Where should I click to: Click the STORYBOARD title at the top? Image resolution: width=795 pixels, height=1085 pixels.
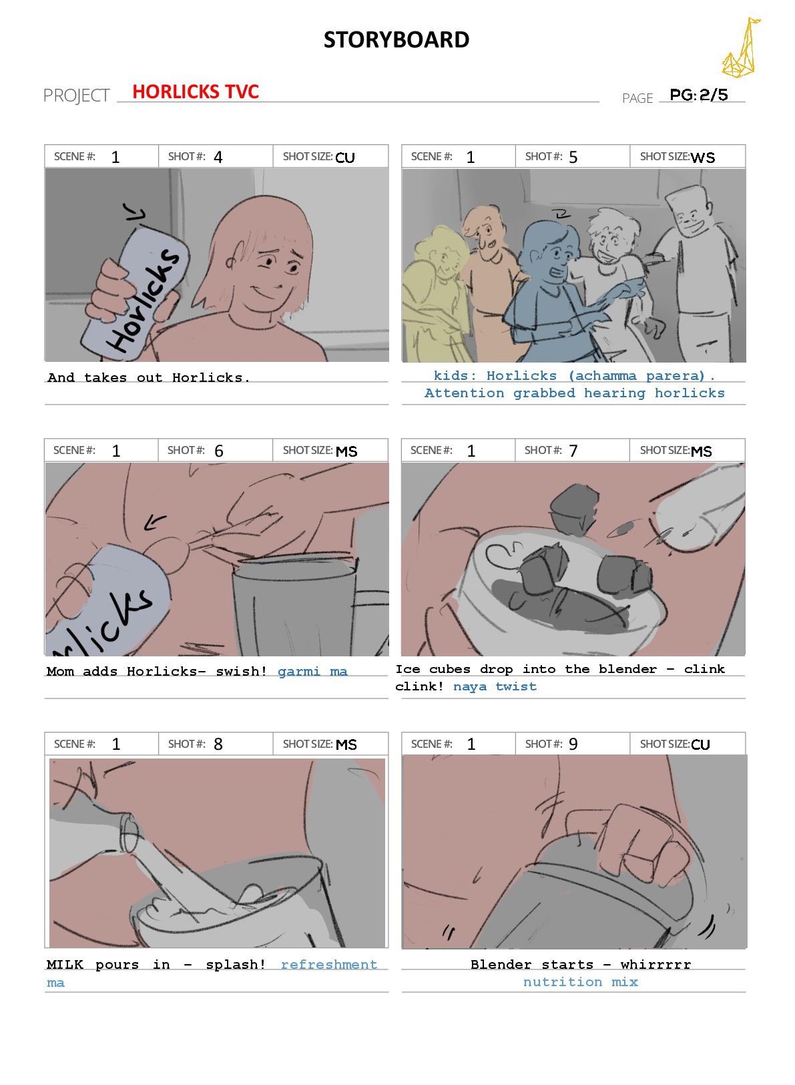[x=396, y=39]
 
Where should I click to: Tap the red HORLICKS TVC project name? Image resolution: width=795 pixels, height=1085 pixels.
[x=196, y=91]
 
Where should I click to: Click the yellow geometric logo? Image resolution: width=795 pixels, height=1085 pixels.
[x=740, y=48]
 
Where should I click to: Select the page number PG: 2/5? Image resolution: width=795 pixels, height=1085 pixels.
[x=699, y=94]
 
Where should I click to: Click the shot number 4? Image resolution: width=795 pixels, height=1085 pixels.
[x=218, y=157]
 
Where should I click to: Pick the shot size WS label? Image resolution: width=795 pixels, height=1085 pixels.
[x=702, y=158]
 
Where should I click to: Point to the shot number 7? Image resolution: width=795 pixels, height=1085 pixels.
[x=573, y=451]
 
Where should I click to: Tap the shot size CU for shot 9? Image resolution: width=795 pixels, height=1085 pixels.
[x=700, y=744]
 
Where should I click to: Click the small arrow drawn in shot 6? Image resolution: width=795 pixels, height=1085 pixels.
[x=155, y=521]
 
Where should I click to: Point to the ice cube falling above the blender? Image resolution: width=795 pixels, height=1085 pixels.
[x=575, y=509]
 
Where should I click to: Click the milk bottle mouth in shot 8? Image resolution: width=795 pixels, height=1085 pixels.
[x=129, y=834]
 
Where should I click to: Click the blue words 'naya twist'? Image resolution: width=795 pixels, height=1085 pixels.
[x=495, y=686]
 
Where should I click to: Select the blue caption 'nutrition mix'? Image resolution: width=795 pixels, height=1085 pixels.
[x=581, y=982]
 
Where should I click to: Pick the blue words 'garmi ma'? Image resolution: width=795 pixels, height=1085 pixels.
[x=312, y=671]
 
